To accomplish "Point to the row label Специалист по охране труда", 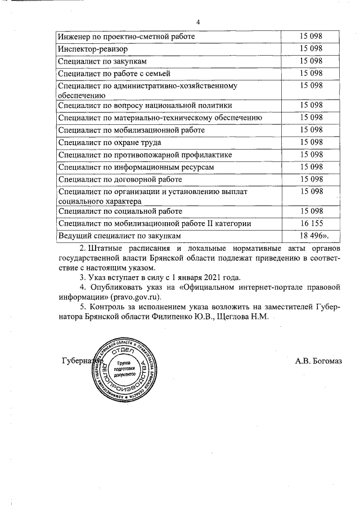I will click(110, 142).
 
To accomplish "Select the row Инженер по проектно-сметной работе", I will click(126, 36).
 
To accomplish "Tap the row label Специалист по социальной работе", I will click(120, 211).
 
